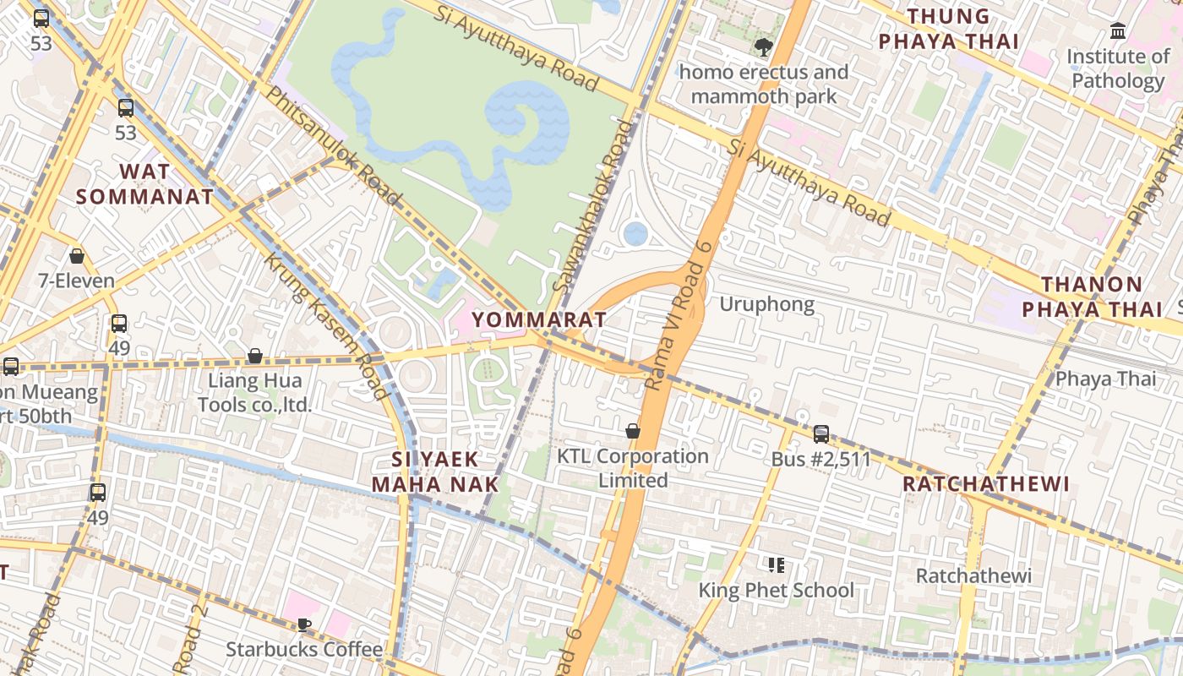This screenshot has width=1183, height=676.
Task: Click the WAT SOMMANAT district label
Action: pos(144,184)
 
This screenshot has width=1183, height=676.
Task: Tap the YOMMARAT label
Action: pos(539,319)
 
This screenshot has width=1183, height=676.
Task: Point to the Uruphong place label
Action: pos(766,304)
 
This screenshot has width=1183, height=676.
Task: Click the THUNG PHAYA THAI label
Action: pos(947,29)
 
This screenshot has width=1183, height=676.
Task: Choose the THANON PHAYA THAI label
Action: pos(1092,297)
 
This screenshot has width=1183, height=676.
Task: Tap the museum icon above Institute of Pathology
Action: pos(1118,31)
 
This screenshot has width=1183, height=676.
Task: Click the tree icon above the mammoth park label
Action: pos(764,47)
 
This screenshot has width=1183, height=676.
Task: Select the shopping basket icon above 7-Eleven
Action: pos(77,256)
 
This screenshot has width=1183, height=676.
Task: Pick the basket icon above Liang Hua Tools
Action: pos(254,356)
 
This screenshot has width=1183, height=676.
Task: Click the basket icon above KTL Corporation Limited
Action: pos(632,432)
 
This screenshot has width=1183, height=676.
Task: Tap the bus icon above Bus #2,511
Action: pos(820,434)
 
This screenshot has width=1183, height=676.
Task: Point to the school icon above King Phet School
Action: pos(776,564)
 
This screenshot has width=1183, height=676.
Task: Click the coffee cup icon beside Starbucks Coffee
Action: pos(303,624)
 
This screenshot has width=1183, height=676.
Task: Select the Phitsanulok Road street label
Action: pos(333,144)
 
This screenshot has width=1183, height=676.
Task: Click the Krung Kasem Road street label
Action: pos(325,325)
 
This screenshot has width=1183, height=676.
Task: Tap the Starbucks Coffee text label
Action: pos(304,649)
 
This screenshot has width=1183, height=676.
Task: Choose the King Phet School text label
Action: pos(776,590)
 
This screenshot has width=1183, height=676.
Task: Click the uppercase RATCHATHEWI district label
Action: pos(986,484)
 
